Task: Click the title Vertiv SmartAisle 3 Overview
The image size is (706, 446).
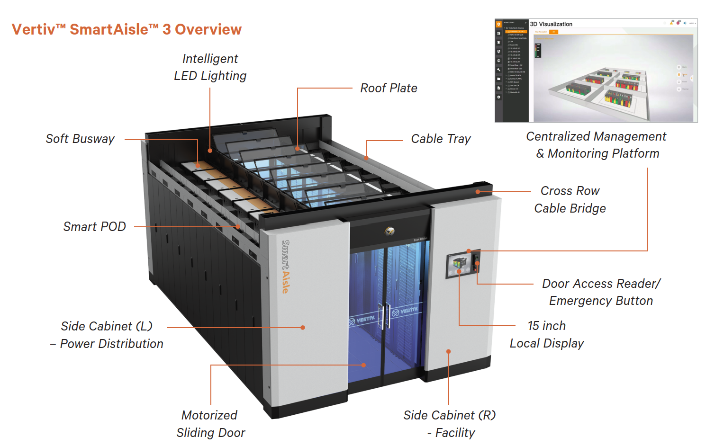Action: tap(127, 29)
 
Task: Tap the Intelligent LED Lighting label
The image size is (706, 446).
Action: tap(210, 67)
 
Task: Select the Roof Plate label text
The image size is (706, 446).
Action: tap(389, 88)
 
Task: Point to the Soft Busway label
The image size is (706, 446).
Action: tap(80, 139)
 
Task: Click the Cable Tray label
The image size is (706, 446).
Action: tap(441, 139)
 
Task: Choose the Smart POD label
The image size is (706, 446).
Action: tap(94, 227)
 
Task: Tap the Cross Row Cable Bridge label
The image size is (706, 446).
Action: tap(570, 199)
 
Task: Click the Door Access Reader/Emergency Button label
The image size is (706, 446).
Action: tap(601, 292)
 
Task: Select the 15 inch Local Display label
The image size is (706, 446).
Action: tap(547, 334)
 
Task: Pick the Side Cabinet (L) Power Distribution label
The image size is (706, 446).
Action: tap(107, 335)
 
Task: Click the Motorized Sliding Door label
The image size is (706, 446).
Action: tap(210, 424)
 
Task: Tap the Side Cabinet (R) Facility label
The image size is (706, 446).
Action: tap(450, 424)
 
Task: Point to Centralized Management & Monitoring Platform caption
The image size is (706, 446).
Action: tap(596, 145)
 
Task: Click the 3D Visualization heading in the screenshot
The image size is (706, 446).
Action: tap(551, 24)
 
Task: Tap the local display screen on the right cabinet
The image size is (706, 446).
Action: tap(458, 265)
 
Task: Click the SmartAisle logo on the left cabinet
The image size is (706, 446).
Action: tap(285, 267)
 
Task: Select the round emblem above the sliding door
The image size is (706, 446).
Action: tap(389, 231)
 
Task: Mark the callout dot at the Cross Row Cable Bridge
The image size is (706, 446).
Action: tap(478, 192)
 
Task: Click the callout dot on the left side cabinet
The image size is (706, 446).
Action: tap(303, 327)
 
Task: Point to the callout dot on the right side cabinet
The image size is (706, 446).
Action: tap(448, 351)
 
